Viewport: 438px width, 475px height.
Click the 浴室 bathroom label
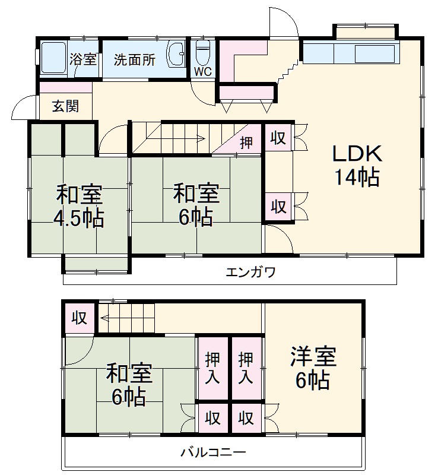pos(82,59)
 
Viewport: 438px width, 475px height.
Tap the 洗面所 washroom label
pos(135,59)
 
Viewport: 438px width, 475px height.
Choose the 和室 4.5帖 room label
pos(79,206)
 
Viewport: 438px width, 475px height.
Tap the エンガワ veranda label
pos(250,273)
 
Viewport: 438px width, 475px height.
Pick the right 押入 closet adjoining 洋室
pos(246,368)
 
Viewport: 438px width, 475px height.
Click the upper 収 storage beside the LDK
pos(278,138)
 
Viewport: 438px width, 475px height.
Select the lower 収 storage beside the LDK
pos(278,207)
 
